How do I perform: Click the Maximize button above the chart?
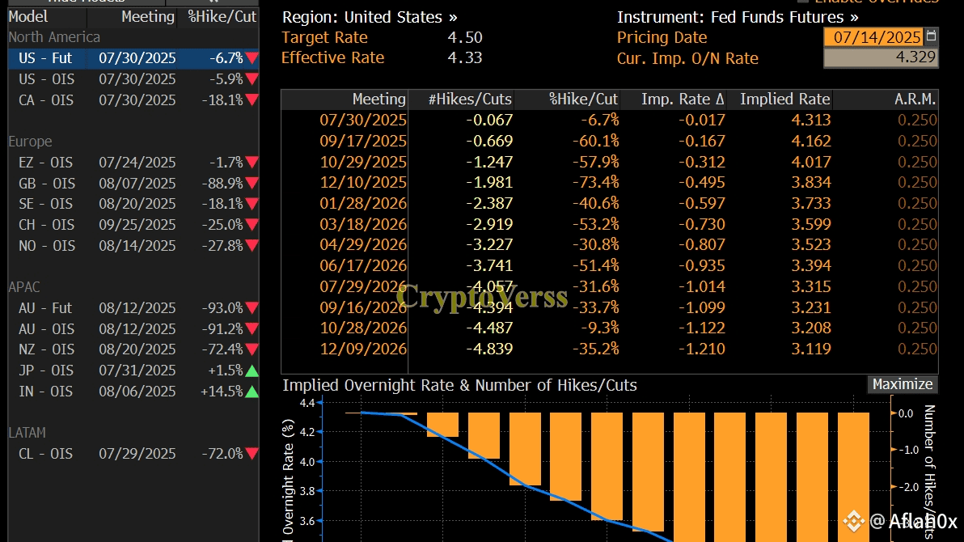(x=903, y=384)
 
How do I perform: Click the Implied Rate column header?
(x=784, y=100)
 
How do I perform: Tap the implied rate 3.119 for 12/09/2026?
(x=813, y=349)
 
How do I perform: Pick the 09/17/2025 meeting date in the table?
(x=363, y=141)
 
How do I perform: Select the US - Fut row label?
(x=45, y=58)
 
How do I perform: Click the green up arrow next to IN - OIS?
(x=252, y=392)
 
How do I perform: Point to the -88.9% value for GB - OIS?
(x=222, y=183)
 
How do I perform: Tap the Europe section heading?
(x=30, y=142)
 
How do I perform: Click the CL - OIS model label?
(x=45, y=454)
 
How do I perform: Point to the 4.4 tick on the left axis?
(x=307, y=403)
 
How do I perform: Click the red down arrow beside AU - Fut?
(x=252, y=308)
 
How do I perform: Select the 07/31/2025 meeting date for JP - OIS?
(x=137, y=371)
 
